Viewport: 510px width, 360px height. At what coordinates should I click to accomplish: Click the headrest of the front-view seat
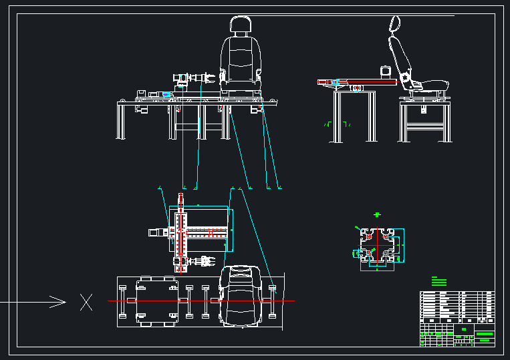(x=241, y=25)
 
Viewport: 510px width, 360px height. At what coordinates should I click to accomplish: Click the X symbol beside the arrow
(x=86, y=302)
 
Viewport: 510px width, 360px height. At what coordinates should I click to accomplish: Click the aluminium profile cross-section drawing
(x=377, y=247)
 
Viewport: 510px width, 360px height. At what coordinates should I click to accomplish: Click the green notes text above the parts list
(x=438, y=281)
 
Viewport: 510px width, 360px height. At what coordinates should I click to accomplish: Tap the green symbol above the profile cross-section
(x=378, y=214)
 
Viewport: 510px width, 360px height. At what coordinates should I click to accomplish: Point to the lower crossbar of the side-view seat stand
(x=424, y=126)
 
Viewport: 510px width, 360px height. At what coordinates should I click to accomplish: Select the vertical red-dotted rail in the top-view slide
(x=180, y=234)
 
